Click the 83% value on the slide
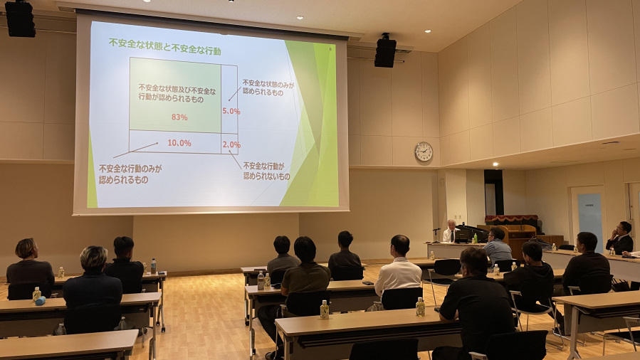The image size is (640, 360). point(179,117)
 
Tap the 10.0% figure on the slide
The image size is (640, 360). point(179,143)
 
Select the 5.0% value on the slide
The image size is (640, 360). point(231,111)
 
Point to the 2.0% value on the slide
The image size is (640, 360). point(231,144)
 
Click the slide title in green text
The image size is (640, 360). point(165,47)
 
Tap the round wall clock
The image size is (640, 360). point(424,152)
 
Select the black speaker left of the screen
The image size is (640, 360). point(20,19)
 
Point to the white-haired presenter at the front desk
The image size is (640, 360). point(450,231)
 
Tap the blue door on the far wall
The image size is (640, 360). point(589,219)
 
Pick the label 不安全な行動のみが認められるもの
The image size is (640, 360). point(130,174)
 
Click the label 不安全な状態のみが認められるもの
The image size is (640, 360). point(268,88)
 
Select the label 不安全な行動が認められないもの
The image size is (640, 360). point(266,171)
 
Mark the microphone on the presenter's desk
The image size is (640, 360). point(436,235)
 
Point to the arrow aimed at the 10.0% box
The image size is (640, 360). point(135,150)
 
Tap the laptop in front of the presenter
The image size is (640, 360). point(463,235)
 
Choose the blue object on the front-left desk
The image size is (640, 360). point(40,301)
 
